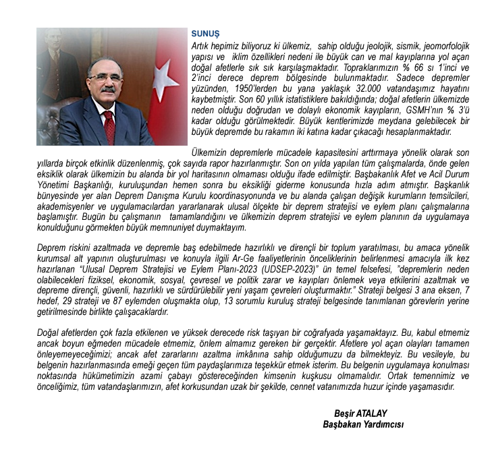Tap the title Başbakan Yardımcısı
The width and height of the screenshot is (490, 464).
click(363, 424)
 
